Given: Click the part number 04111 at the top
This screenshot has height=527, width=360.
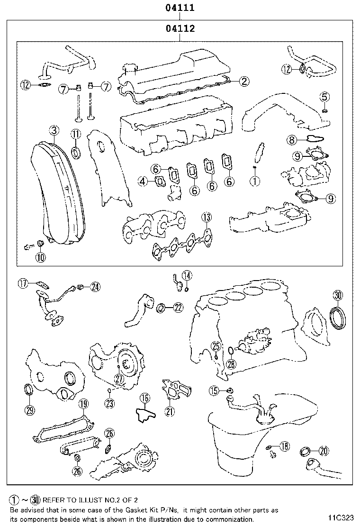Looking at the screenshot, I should point(180,8).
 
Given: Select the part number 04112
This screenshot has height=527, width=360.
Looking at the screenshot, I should point(180,29).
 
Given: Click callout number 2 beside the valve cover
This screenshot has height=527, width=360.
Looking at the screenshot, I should point(243,82).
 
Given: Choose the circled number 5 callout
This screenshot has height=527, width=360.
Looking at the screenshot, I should point(324,97).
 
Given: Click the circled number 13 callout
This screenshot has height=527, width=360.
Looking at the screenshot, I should point(206,218).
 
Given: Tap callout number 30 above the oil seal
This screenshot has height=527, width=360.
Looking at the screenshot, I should point(337,295).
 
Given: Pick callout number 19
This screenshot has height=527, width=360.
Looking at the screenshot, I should point(83,404).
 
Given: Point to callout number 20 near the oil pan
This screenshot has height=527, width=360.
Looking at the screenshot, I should point(324,451).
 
